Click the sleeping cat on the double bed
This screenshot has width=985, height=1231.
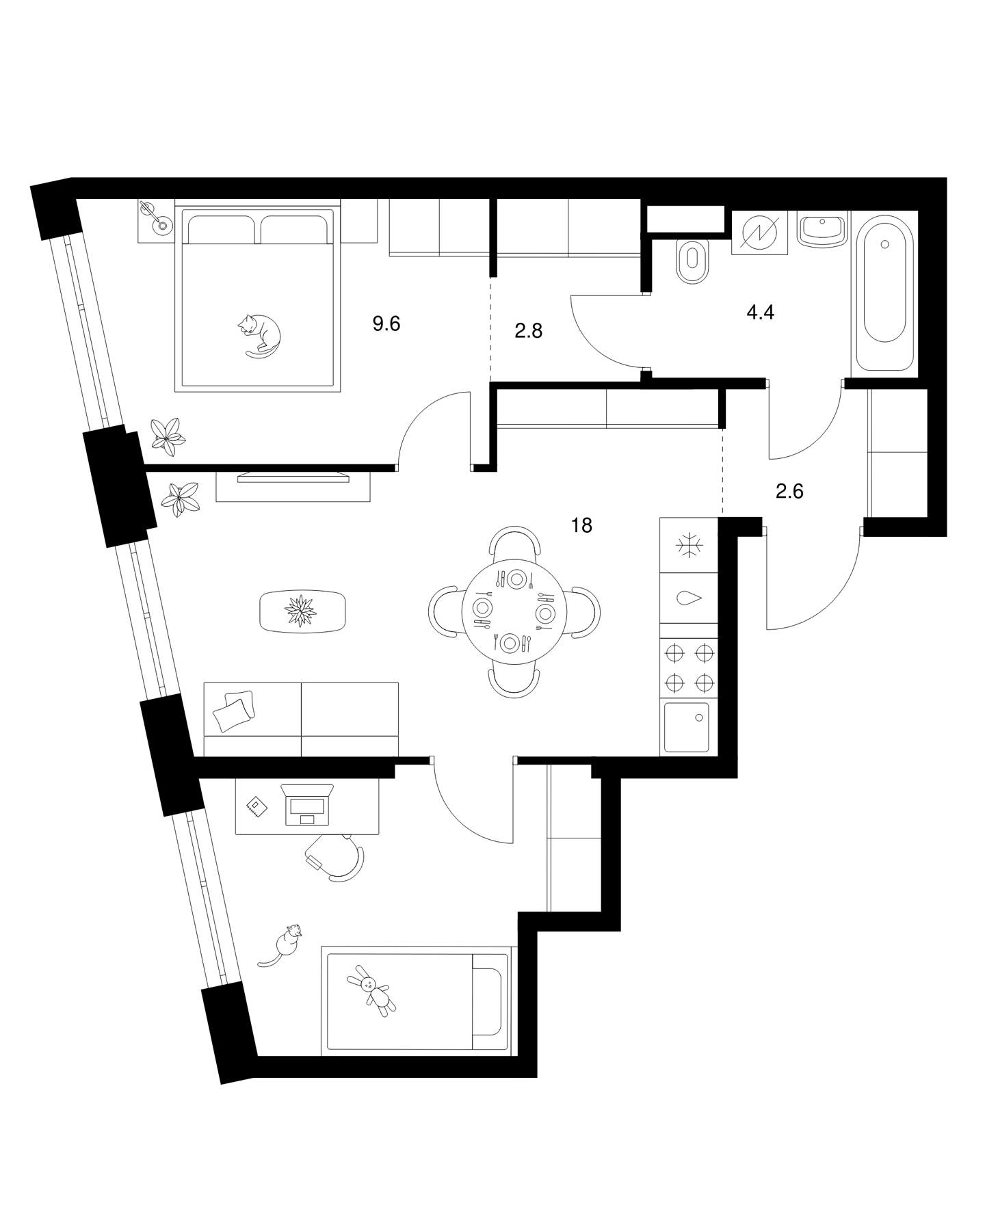[259, 336]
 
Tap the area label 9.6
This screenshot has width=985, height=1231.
[386, 323]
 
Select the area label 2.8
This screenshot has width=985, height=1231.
[528, 332]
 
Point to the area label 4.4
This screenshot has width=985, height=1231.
[760, 313]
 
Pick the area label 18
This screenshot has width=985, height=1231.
[582, 525]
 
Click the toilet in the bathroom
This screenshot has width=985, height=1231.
[694, 261]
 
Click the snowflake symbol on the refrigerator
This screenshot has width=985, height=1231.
[689, 545]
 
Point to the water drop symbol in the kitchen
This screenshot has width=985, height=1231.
[689, 598]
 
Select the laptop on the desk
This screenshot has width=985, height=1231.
[307, 803]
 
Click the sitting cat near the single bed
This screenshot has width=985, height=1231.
[283, 944]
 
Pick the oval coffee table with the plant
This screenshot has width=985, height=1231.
[303, 611]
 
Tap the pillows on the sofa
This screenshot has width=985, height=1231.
[233, 711]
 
